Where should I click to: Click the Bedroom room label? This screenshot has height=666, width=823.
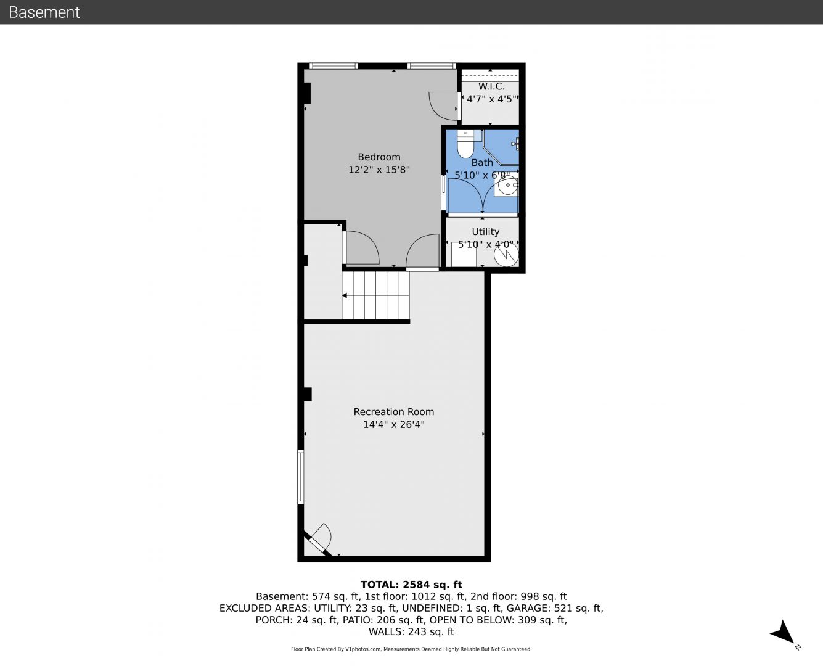(x=379, y=157)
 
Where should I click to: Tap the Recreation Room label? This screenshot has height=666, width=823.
(x=394, y=412)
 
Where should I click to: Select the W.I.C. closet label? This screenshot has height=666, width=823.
(x=491, y=86)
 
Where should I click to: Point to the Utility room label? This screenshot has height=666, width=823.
(x=485, y=231)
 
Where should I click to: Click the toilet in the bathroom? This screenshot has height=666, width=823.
(x=465, y=144)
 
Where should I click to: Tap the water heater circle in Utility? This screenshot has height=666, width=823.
(x=506, y=254)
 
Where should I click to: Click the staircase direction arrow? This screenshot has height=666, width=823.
(x=345, y=296)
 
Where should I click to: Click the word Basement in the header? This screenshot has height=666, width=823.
(x=44, y=12)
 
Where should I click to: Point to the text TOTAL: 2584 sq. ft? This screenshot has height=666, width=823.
(x=411, y=585)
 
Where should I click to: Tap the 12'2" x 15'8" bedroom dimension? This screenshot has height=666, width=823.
(x=379, y=170)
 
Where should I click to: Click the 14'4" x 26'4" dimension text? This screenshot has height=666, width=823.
(x=394, y=424)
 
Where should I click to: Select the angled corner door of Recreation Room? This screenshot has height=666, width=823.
(x=319, y=540)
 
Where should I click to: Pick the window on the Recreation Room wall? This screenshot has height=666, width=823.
(x=301, y=476)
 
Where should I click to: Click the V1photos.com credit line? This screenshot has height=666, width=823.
(x=411, y=649)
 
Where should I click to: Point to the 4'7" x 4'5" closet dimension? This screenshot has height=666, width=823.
(x=491, y=99)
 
